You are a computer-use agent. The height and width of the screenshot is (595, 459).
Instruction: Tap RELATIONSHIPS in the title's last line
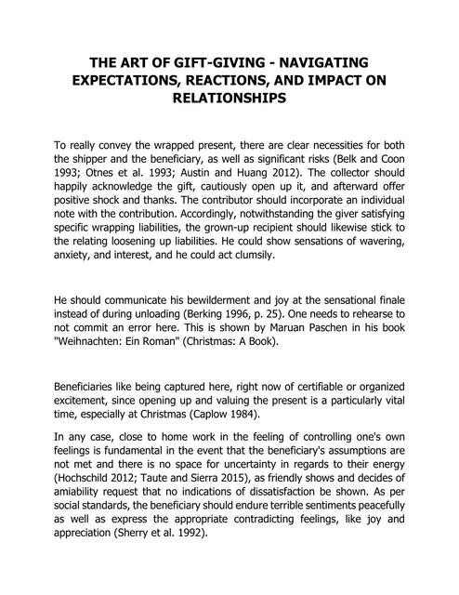[x=229, y=100]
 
